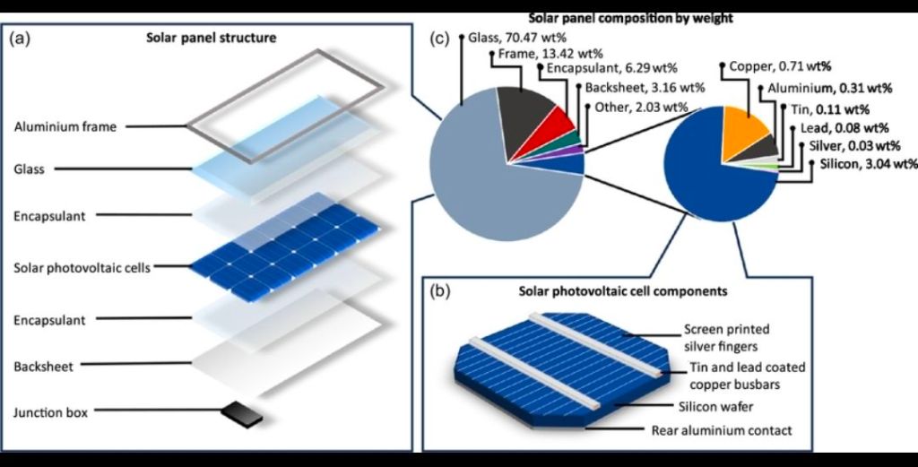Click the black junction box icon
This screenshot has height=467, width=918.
(x=241, y=414)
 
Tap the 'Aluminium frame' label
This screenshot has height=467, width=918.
(x=65, y=127)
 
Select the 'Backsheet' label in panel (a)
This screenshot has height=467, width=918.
(x=43, y=367)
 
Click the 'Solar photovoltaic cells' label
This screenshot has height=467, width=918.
(x=82, y=268)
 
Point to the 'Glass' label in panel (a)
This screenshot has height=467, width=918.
(x=30, y=169)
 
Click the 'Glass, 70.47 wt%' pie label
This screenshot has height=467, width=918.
(x=517, y=39)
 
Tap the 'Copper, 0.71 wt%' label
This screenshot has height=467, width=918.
(x=781, y=66)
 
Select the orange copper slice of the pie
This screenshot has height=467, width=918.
(x=744, y=134)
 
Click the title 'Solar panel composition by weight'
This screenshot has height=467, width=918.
(x=630, y=19)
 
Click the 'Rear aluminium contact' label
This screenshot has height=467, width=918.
(x=722, y=431)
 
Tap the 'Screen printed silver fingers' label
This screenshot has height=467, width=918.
(x=726, y=338)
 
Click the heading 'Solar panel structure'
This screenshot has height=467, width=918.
(x=212, y=38)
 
